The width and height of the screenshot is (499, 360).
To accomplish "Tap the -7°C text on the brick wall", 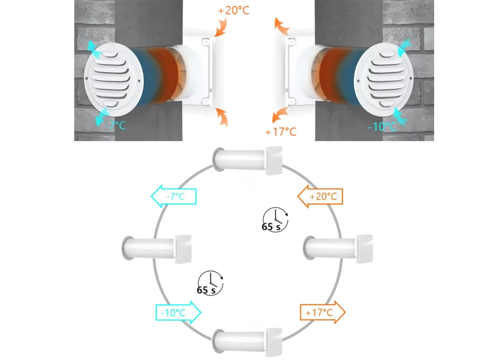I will tap(115, 125).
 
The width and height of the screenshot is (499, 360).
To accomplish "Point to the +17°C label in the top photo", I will tap(281, 131).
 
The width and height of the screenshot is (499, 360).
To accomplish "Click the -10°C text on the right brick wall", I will tap(382, 127).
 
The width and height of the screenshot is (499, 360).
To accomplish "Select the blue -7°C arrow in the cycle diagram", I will tap(174, 197).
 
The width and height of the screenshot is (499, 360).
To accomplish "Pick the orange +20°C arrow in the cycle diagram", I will tap(319, 197).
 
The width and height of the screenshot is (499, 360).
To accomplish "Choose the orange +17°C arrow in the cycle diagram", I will tap(322, 312).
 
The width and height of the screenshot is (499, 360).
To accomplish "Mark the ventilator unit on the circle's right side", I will tap(338, 249).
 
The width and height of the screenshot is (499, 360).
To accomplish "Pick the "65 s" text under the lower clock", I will tap(206, 290).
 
